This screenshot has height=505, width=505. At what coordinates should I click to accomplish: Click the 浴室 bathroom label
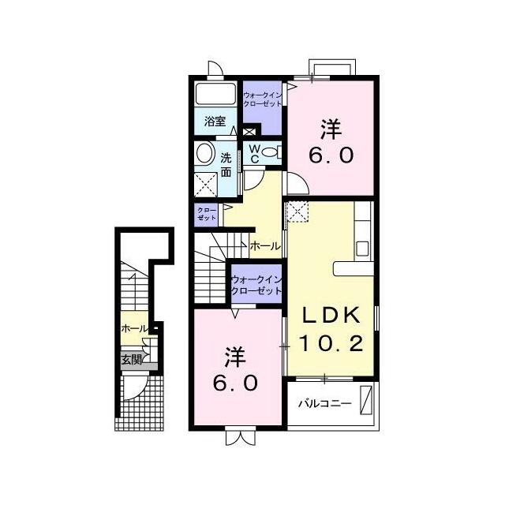tap(215, 122)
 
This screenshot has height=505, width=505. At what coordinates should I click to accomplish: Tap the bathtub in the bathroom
tap(216, 97)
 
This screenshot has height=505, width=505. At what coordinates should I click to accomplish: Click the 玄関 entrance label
tap(131, 360)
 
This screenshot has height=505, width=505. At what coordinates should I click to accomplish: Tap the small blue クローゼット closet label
tap(206, 213)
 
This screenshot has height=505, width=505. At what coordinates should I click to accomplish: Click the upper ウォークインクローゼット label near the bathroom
tap(262, 100)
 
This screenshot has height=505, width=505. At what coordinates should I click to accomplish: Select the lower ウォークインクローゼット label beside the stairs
tap(256, 285)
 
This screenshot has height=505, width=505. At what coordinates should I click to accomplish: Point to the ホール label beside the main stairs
tap(265, 246)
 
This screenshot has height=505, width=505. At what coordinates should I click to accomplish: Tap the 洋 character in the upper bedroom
tap(330, 129)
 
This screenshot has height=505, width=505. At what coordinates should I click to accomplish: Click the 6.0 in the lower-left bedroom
tap(234, 383)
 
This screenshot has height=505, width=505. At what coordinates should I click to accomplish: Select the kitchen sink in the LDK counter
tap(362, 248)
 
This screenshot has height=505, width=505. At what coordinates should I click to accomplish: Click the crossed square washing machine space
tap(208, 184)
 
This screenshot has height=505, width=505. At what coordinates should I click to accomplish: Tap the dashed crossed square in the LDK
tap(298, 211)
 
